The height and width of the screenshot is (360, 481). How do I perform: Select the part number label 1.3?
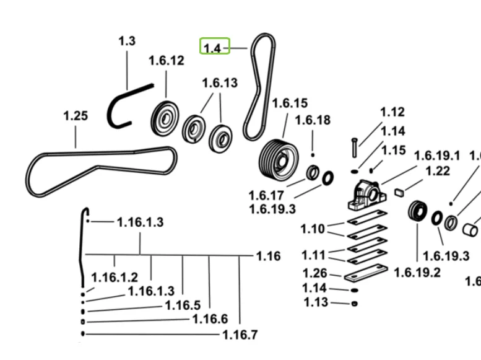coord(126,41)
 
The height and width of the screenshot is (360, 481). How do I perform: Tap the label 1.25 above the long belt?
coord(76,116)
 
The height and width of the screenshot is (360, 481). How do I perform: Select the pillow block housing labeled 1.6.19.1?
coord(365,195)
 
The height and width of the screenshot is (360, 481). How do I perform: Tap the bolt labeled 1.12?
coord(353,147)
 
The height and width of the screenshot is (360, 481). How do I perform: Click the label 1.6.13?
coord(220,83)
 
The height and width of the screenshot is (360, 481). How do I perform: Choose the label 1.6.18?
coord(313,120)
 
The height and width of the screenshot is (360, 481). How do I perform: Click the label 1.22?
coord(438,171)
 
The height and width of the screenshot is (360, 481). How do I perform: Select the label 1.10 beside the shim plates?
coord(313,229)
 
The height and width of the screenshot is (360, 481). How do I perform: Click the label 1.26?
coord(314,273)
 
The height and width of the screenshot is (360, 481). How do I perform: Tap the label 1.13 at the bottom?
coord(316,302)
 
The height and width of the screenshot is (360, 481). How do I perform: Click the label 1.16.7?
coord(240,335)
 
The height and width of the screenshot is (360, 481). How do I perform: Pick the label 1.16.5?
coord(183,305)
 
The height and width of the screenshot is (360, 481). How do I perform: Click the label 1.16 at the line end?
coord(268,256)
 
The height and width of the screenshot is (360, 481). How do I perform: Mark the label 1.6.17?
coord(267,196)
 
